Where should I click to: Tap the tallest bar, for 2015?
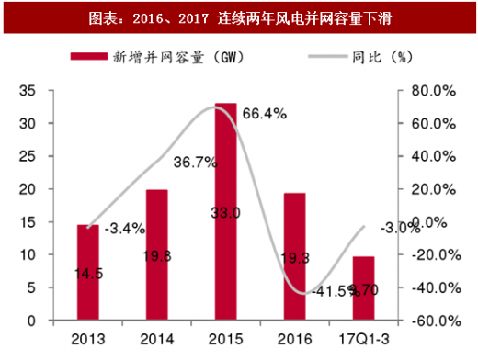click(226, 212)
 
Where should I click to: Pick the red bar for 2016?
click(294, 257)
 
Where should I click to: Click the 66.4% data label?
click(265, 114)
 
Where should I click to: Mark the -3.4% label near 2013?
click(122, 227)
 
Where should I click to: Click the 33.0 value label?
click(225, 213)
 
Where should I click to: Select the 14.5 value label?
click(88, 273)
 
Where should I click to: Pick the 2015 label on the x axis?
click(226, 338)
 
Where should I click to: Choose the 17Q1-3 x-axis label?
click(364, 338)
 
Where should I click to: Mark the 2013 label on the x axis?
click(87, 338)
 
